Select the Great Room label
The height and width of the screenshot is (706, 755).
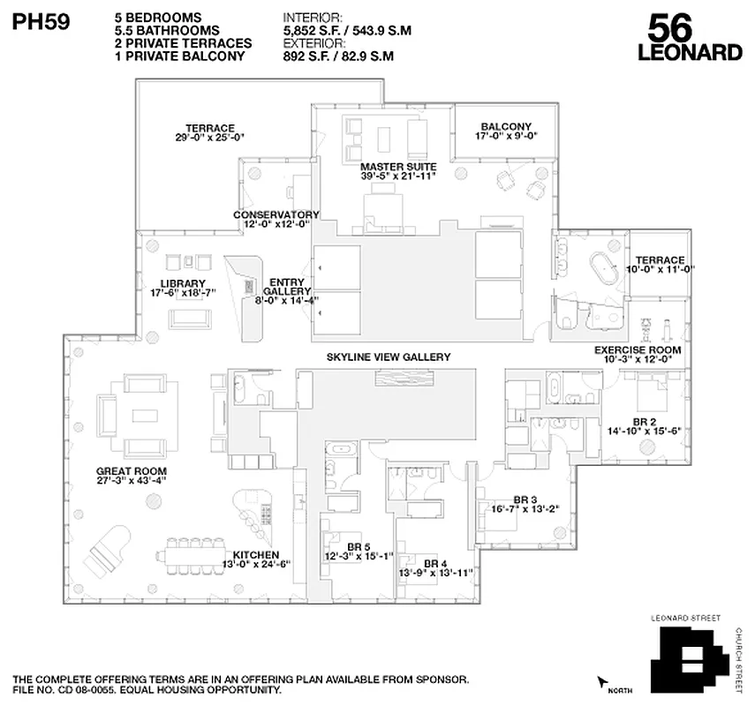[x=132, y=471]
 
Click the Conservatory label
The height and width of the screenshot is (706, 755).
[x=276, y=214]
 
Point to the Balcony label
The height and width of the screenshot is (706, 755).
[x=506, y=126]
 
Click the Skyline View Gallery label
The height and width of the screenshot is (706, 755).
[x=389, y=357]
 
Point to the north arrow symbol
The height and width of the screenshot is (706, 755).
[x=603, y=681]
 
